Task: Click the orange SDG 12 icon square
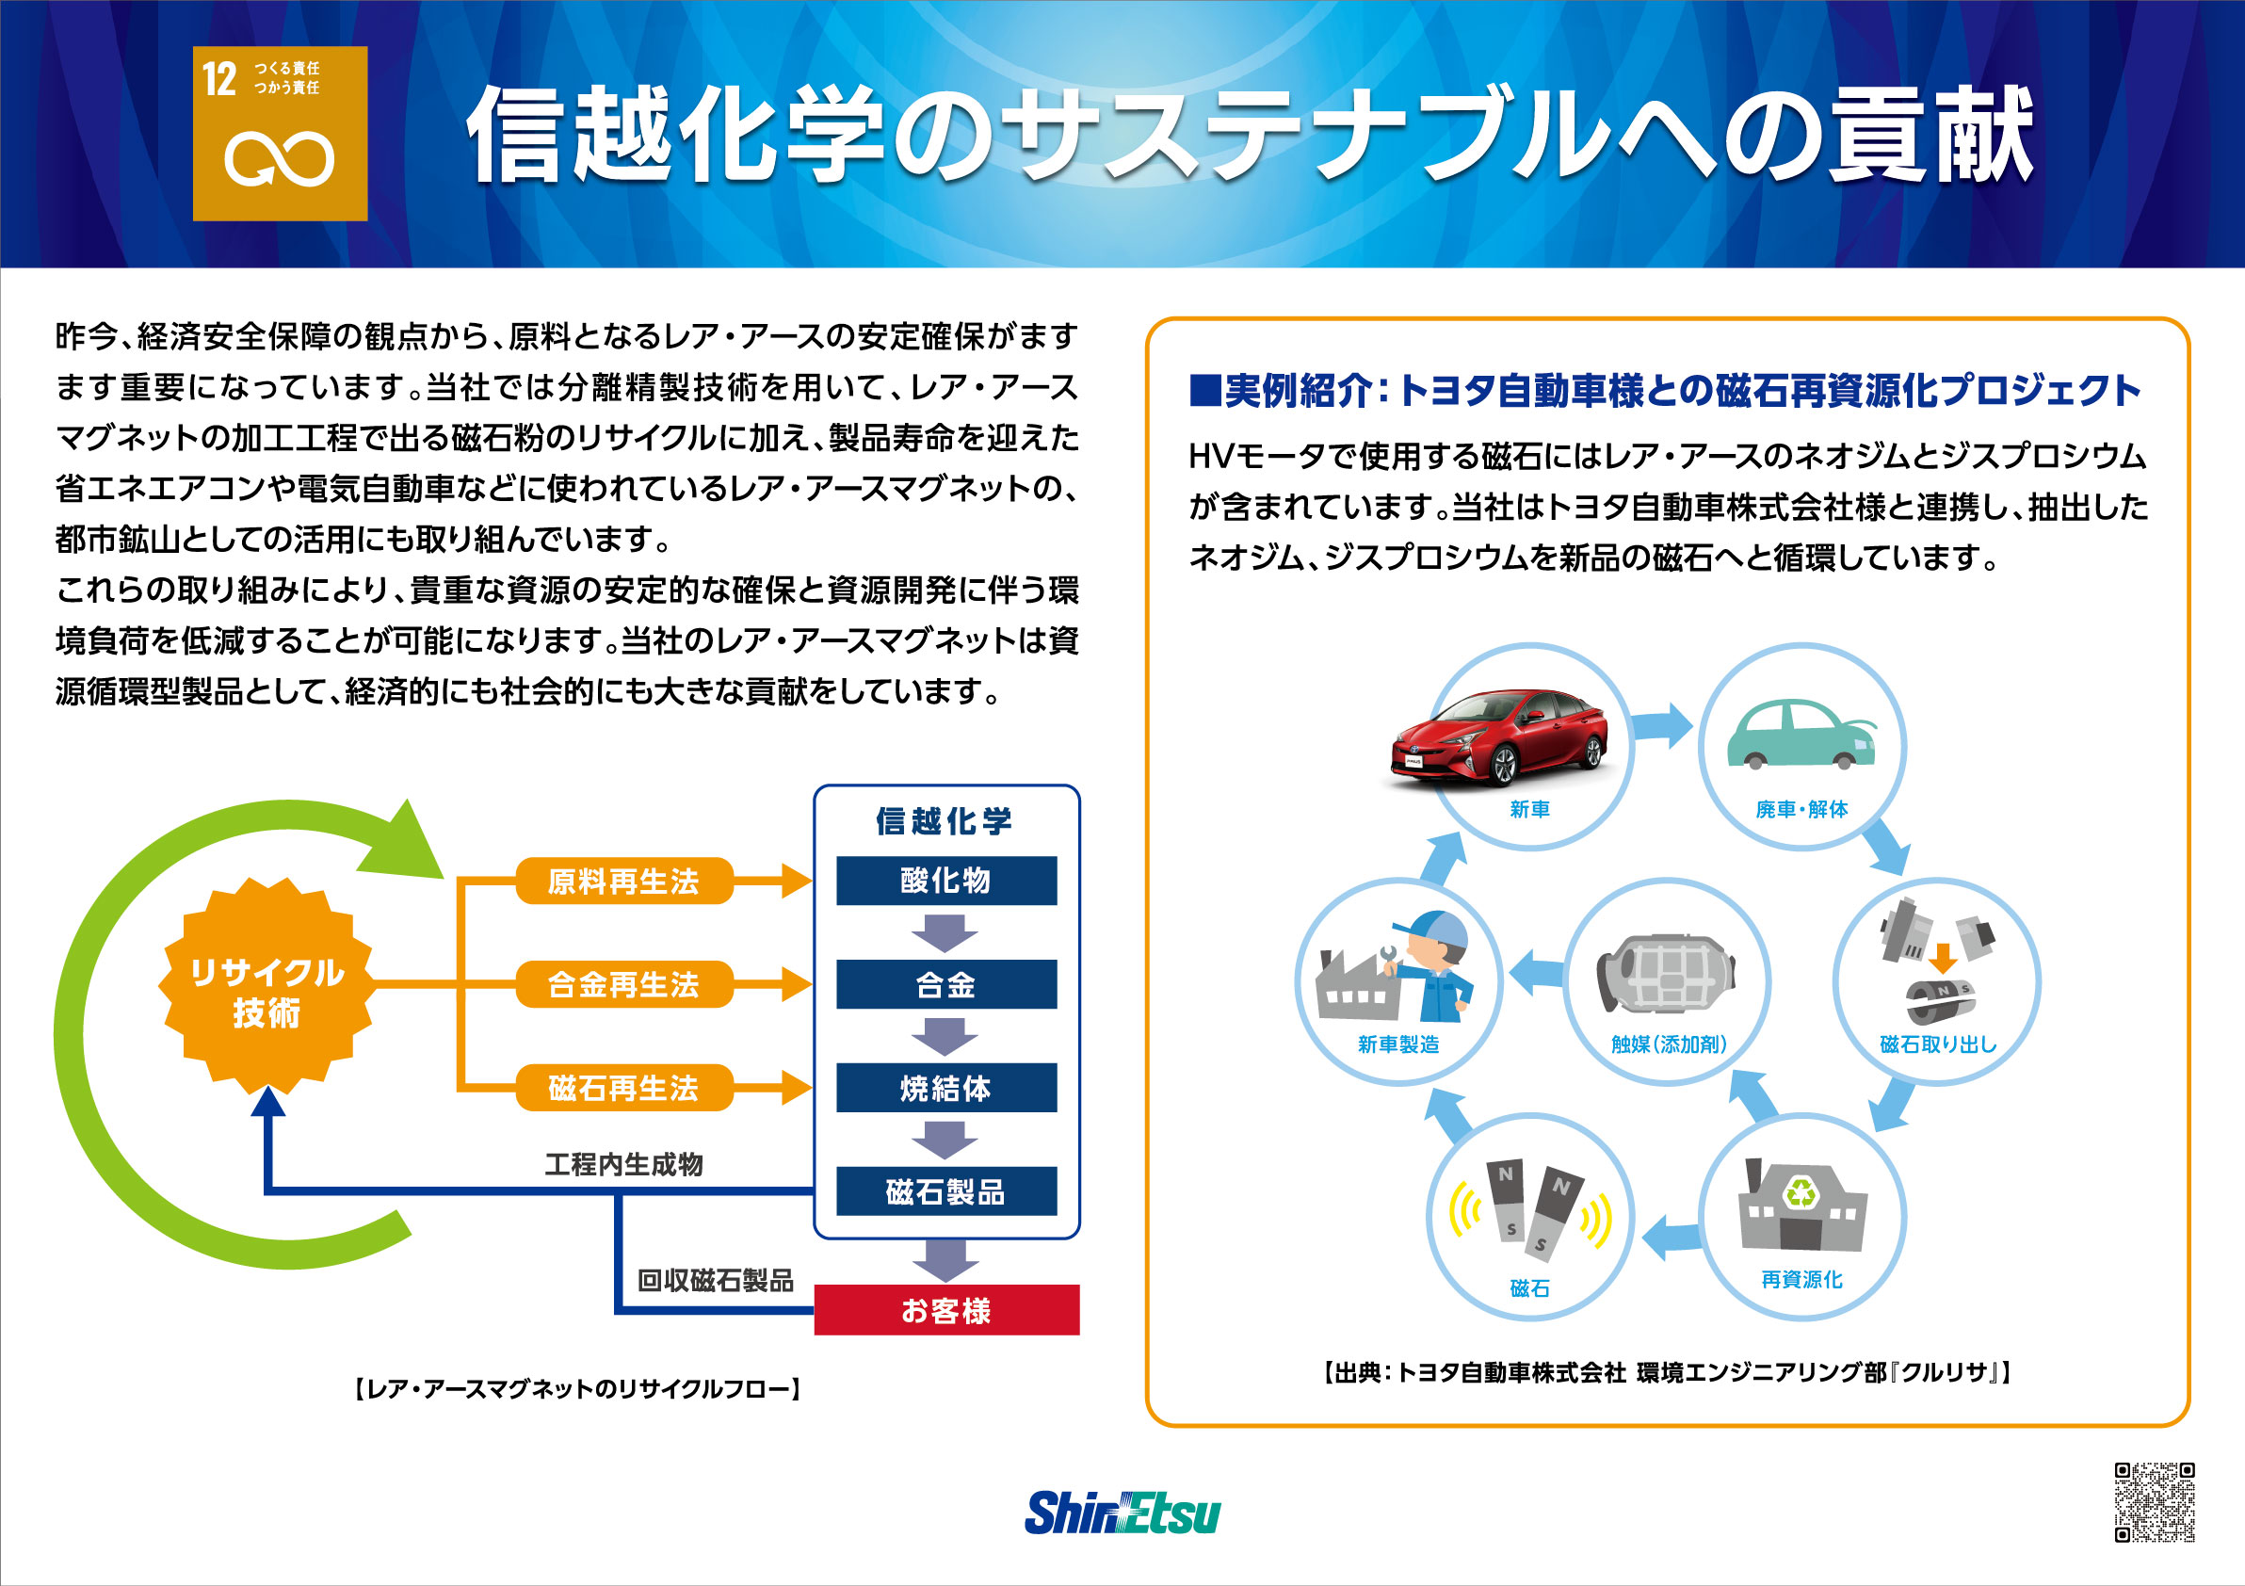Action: click(x=280, y=133)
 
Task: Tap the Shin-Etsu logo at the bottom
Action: click(x=1122, y=1512)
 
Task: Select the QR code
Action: click(x=2154, y=1502)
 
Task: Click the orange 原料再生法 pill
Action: click(x=623, y=881)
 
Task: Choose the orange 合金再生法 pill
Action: click(x=623, y=983)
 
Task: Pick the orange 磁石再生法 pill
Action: click(x=623, y=1088)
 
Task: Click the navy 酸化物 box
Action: click(x=946, y=880)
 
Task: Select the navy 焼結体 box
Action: click(x=946, y=1088)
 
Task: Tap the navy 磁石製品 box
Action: click(x=946, y=1191)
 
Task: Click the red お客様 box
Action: click(x=946, y=1310)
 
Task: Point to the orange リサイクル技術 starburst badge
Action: click(x=266, y=986)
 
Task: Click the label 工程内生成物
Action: click(x=623, y=1163)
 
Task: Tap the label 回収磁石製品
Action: click(x=715, y=1280)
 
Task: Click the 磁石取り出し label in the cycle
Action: click(x=1937, y=1044)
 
